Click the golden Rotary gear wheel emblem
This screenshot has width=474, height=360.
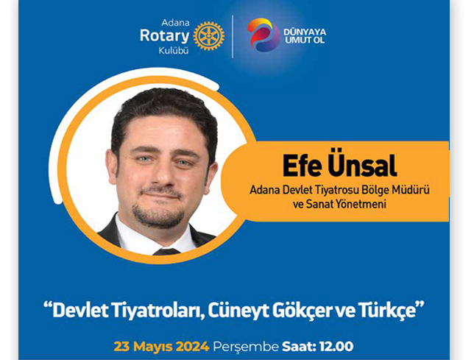tap(208, 35)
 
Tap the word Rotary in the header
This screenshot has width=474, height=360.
tap(164, 36)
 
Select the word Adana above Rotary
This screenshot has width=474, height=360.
tap(175, 23)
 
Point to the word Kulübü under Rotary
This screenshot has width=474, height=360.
tap(174, 51)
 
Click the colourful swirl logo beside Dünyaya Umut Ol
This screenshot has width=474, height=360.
tap(263, 34)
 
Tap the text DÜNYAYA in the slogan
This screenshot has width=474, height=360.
tap(305, 32)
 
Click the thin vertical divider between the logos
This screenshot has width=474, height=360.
tap(233, 36)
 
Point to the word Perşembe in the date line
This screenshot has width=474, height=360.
tap(246, 347)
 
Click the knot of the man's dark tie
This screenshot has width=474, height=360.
tap(166, 252)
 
